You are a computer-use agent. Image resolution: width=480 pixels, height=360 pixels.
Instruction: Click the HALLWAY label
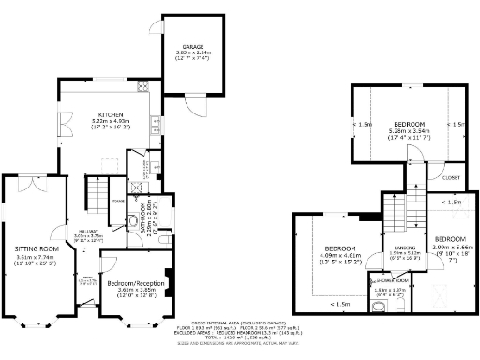(x=89, y=231)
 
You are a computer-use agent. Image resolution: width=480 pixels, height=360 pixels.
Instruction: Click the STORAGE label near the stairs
(x=116, y=200)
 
